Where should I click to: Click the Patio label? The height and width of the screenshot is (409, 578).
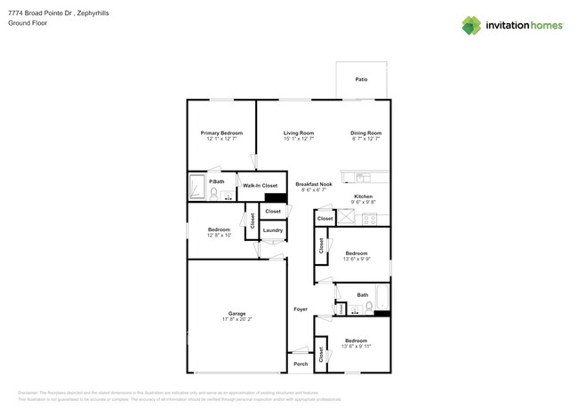(361, 80)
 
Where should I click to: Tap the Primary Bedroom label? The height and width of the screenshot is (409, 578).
(221, 132)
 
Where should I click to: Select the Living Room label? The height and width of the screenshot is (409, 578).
(299, 132)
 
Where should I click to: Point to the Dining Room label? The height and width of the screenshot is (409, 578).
(365, 132)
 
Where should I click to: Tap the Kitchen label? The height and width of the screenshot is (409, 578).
(363, 196)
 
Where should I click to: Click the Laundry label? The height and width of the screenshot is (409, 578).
(273, 230)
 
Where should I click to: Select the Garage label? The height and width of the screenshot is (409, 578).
(237, 313)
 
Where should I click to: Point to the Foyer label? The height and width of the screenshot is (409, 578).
(301, 309)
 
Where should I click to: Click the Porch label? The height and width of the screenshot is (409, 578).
(301, 363)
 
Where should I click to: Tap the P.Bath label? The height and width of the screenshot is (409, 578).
(216, 181)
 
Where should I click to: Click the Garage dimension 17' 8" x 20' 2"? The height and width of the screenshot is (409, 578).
(237, 319)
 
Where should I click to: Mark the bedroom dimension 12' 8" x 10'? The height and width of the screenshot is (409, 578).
(219, 236)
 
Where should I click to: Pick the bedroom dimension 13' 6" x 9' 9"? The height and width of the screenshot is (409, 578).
(356, 259)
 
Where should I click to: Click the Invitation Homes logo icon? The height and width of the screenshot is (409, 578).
(471, 26)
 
